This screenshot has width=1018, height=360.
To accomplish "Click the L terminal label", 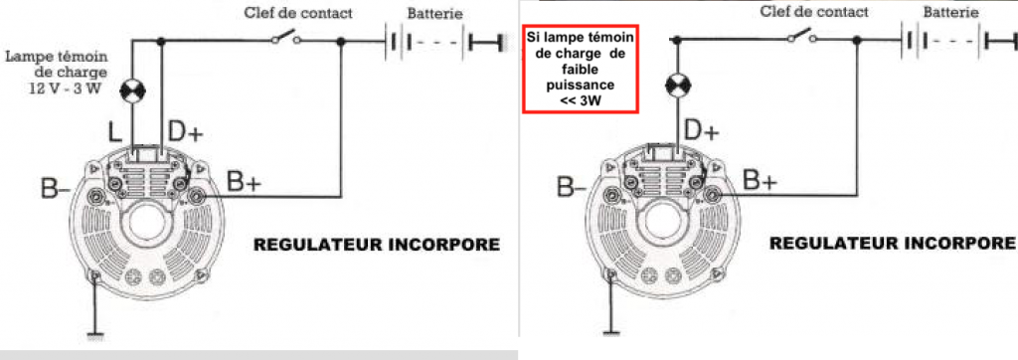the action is point(113,134).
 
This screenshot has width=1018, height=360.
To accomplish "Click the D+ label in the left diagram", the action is point(185,132).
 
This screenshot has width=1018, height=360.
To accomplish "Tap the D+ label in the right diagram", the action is point(702,132).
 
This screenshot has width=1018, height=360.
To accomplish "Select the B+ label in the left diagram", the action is point(245,183).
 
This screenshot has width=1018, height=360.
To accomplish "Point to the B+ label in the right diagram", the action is point(761,181).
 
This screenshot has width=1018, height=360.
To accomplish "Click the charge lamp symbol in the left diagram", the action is point(133,90).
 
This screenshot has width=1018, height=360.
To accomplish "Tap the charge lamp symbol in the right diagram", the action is point(676,85).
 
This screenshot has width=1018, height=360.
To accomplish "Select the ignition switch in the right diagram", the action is point(802,36).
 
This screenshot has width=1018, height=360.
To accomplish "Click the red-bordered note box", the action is point(581,69).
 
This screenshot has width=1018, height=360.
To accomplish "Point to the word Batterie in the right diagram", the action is point(950,12).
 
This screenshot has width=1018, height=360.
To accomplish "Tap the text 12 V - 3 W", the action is point(65,89).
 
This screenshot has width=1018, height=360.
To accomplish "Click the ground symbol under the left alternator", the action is point(96,336).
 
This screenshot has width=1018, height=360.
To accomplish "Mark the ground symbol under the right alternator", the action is point(611,333).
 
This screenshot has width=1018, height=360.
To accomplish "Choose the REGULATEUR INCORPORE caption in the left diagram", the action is point(377,245).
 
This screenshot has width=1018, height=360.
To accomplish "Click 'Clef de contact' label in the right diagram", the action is point(813,11).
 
